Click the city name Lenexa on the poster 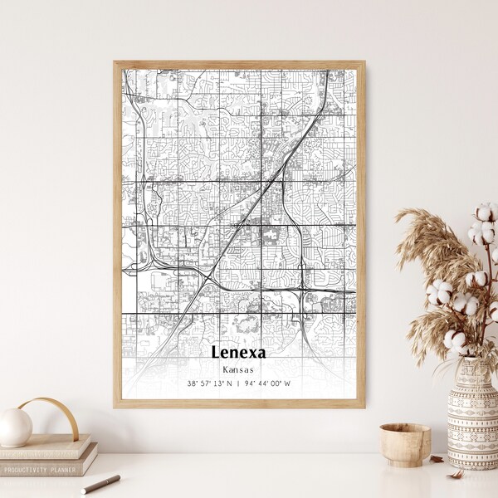point(239,351)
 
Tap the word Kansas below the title point(239,369)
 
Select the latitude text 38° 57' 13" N point(209,383)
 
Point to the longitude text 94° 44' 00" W point(269,383)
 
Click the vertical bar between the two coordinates point(239,383)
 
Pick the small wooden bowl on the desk point(405,444)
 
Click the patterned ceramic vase point(471,412)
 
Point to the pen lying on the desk point(100,484)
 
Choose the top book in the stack point(46,447)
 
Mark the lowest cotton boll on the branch point(455,339)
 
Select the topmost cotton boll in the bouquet point(486,212)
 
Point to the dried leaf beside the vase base point(437,458)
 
